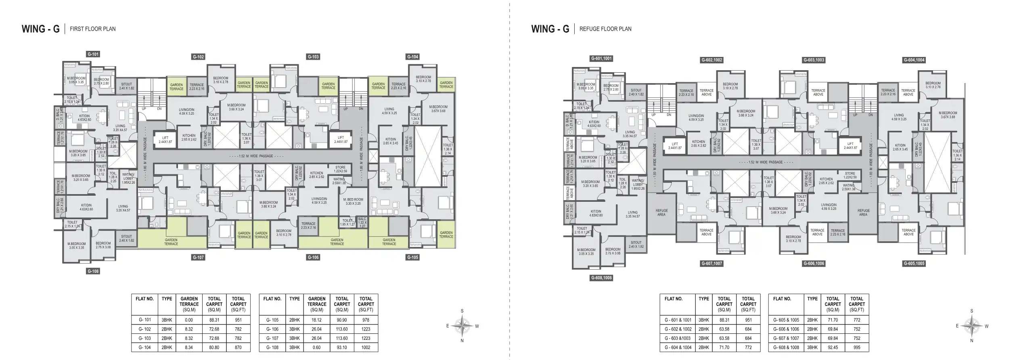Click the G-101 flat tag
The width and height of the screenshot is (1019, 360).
[x=93, y=54]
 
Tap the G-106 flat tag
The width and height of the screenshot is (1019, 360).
[x=313, y=257]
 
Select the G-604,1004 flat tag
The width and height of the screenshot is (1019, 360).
[x=914, y=60]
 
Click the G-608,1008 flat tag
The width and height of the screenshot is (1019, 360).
[x=602, y=278]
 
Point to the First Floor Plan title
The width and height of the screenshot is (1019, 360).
[x=92, y=29]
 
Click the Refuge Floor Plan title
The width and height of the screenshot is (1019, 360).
[x=605, y=29]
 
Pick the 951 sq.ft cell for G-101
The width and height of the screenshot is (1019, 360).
[x=238, y=320]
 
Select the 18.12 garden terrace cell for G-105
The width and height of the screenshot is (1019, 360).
[x=316, y=320]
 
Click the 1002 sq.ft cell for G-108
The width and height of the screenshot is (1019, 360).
[x=366, y=347]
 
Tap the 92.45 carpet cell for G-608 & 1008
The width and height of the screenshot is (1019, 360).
[x=832, y=347]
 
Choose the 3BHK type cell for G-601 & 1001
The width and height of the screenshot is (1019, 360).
[x=703, y=320]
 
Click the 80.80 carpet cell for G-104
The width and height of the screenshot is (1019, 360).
[x=214, y=347]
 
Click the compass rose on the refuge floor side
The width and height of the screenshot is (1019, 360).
[x=972, y=326]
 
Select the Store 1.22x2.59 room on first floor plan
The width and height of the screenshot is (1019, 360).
[x=341, y=169]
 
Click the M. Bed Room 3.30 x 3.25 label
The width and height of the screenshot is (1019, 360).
[x=353, y=201]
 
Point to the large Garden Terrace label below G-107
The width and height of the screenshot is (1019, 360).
[x=171, y=242]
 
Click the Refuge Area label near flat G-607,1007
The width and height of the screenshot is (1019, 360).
[x=661, y=213]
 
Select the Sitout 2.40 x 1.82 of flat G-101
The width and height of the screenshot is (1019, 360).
[x=126, y=86]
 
